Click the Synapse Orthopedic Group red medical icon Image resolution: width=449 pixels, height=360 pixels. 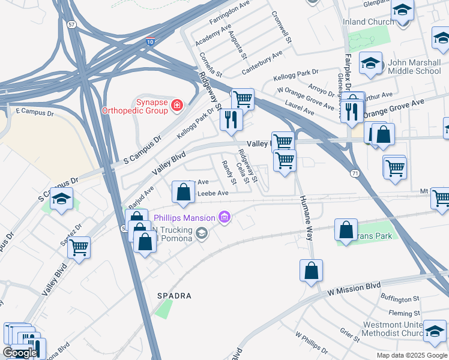tap(176, 106)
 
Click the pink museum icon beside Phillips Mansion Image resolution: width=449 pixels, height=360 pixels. tap(224, 217)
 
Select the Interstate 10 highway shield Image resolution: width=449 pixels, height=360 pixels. tap(151, 42)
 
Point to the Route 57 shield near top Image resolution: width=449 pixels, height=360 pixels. tap(72, 25)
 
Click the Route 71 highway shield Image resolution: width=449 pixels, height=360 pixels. tap(355, 173)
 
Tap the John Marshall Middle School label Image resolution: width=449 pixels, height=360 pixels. tap(414, 66)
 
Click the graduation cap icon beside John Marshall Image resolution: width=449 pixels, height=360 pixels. tap(371, 63)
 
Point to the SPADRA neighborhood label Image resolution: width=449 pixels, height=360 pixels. tap(174, 296)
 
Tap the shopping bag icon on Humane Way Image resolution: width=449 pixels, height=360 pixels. tap(311, 271)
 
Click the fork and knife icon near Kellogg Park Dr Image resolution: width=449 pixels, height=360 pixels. tap(231, 119)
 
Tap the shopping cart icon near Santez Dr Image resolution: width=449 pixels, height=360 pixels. tap(79, 247)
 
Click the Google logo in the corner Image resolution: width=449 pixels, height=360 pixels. tap(20, 353)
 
